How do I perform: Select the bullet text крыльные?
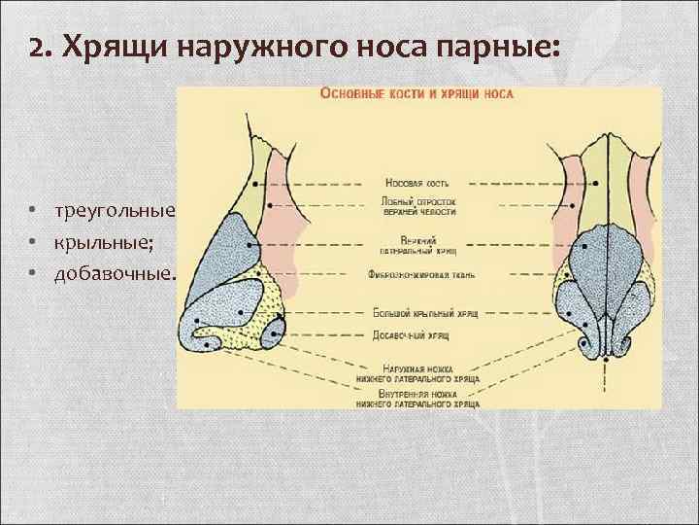94,241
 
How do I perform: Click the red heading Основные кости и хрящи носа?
417,95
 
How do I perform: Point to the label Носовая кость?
416,182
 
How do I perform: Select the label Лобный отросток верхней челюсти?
417,207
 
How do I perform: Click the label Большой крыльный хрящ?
417,314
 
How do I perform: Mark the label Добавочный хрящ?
417,333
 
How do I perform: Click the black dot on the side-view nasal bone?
256,183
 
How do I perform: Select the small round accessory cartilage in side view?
270,335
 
